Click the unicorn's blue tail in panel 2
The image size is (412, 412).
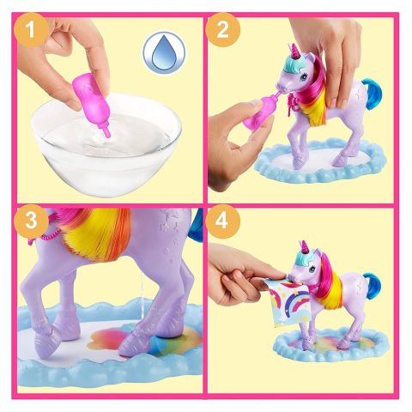coord(374,88)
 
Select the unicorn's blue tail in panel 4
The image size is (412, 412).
coord(376,282)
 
